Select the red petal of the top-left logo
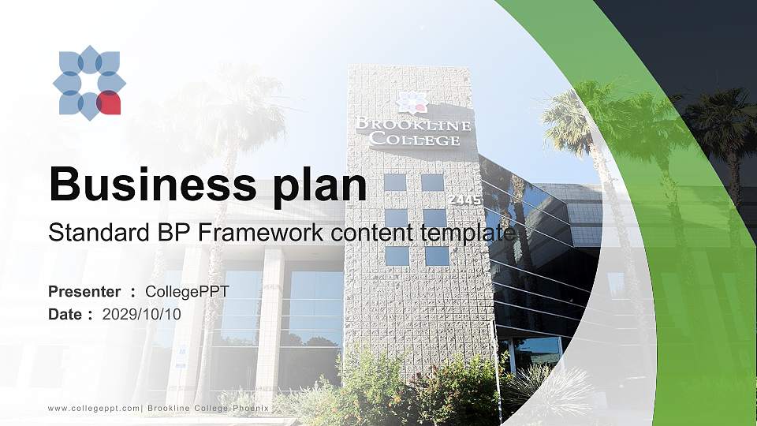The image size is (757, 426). pos(109,103)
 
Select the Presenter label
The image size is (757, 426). pos(84,292)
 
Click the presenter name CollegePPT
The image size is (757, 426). pos(187,292)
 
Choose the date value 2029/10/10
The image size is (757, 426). pos(141,314)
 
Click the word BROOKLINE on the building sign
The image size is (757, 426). pos(413,125)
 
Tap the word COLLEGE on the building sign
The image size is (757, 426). pos(415,140)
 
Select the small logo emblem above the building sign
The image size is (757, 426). pos(412,103)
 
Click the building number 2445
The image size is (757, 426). pos(464,200)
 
